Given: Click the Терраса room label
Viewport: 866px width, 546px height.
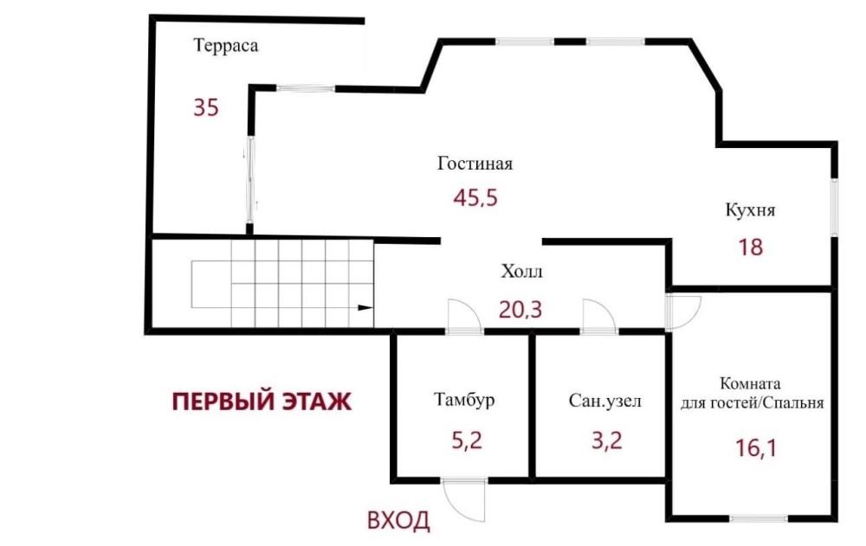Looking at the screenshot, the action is pyautogui.click(x=225, y=45).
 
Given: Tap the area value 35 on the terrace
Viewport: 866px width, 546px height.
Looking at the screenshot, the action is pyautogui.click(x=206, y=107).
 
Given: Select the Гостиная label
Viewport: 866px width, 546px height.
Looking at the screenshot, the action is pyautogui.click(x=475, y=164).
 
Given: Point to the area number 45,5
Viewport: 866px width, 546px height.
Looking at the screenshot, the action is pyautogui.click(x=475, y=197).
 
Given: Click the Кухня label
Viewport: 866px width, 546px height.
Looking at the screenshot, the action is pyautogui.click(x=750, y=210).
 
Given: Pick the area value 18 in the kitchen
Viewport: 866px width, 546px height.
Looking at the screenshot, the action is pyautogui.click(x=751, y=247).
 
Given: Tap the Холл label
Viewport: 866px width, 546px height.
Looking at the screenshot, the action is pyautogui.click(x=521, y=272).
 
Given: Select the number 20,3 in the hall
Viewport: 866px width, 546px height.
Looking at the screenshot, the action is pyautogui.click(x=520, y=310).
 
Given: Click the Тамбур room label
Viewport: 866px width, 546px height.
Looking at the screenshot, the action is pyautogui.click(x=464, y=399).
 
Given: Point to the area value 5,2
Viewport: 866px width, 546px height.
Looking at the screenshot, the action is pyautogui.click(x=468, y=440).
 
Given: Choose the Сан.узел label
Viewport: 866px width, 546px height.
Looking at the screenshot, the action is pyautogui.click(x=605, y=401).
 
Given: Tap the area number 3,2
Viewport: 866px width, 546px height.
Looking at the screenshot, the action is pyautogui.click(x=607, y=440).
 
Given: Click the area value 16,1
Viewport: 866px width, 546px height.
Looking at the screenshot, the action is pyautogui.click(x=756, y=447).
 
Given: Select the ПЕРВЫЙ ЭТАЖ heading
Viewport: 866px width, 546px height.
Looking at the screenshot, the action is pyautogui.click(x=262, y=401).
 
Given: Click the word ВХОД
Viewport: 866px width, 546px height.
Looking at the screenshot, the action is pyautogui.click(x=398, y=520).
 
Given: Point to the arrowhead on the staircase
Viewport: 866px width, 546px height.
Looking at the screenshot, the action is pyautogui.click(x=365, y=307).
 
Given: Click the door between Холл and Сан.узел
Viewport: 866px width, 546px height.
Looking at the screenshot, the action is pyautogui.click(x=600, y=317).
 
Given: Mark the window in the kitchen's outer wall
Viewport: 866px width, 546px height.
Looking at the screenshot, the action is pyautogui.click(x=835, y=208).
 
